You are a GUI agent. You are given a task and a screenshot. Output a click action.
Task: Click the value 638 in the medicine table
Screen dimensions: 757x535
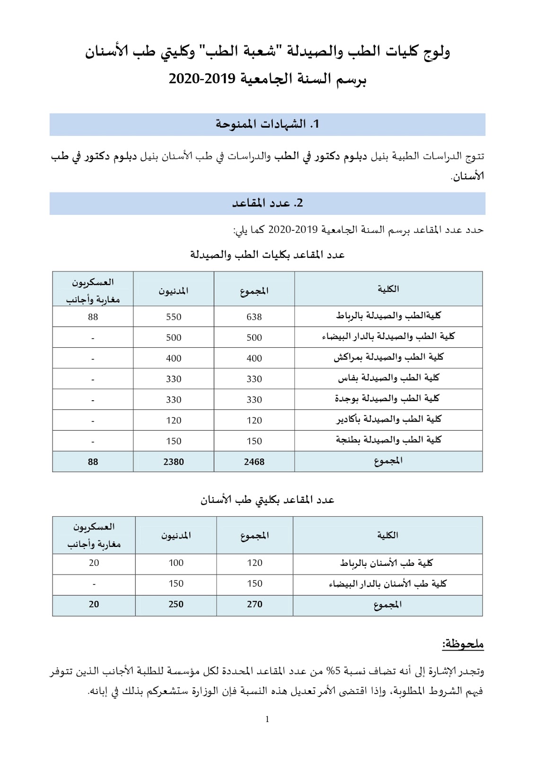[254, 317]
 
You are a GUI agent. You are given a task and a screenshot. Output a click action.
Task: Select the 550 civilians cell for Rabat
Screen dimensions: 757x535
[174, 317]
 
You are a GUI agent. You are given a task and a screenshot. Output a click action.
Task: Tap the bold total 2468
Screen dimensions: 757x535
[254, 462]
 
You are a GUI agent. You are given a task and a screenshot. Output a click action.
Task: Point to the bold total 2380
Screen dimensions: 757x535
[174, 462]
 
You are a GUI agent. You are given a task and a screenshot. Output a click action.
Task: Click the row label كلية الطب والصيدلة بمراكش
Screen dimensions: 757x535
[388, 357]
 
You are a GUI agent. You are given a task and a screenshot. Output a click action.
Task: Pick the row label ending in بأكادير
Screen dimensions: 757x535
[388, 419]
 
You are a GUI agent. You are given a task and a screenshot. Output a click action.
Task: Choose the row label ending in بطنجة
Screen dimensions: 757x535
[388, 440]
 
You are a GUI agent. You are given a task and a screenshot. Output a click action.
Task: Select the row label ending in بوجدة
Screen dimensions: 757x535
[387, 398]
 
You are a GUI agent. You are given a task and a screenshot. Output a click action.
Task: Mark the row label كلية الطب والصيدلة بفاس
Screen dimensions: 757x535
[388, 378]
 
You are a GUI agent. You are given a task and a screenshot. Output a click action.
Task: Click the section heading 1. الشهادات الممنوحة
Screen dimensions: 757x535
[267, 124]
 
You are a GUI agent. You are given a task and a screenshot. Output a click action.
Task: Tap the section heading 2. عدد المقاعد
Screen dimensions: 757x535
[267, 203]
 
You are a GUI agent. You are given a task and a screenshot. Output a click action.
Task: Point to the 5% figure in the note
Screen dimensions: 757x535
[334, 671]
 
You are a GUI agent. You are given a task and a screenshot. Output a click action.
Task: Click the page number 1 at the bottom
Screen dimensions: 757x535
[267, 720]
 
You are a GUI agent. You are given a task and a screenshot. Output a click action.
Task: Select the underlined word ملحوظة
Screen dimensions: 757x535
[463, 644]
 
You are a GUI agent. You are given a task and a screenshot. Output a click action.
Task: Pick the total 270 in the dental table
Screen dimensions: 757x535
[254, 604]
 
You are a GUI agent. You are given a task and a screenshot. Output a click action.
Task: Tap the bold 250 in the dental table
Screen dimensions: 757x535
[176, 604]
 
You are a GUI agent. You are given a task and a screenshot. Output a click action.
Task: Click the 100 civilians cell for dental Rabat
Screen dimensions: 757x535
[176, 563]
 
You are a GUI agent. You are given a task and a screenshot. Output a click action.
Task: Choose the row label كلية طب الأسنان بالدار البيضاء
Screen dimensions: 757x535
[387, 584]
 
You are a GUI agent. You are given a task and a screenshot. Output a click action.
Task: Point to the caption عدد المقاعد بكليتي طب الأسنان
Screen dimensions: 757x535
[267, 500]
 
